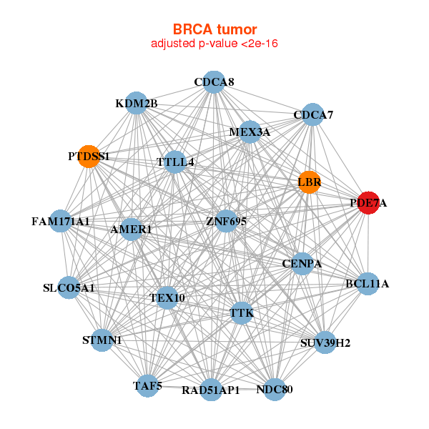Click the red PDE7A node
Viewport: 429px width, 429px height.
coord(368,203)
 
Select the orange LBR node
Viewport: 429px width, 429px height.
coord(309,182)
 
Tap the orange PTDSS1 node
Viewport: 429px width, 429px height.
coord(89,157)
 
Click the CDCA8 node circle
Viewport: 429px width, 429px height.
coord(214,82)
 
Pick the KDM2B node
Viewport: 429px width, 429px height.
coord(136,104)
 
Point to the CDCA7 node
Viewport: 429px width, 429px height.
coord(312,114)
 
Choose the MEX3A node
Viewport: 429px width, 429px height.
coord(250,132)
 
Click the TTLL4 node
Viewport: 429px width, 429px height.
coord(175,162)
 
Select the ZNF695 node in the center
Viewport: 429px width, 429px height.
coord(226,222)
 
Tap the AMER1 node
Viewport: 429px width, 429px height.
coord(132,230)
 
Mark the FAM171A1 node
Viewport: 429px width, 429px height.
coord(61,222)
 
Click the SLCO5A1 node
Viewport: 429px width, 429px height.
coord(69,288)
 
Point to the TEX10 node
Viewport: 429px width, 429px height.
coord(167,297)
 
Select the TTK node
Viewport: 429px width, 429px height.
coord(242,312)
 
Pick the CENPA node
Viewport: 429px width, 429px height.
coord(302,263)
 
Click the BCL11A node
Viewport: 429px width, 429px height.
coord(367,284)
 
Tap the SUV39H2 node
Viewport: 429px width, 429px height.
coord(325,342)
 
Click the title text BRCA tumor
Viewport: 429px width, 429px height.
coord(214,29)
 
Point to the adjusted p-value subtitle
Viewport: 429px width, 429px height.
coord(214,44)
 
